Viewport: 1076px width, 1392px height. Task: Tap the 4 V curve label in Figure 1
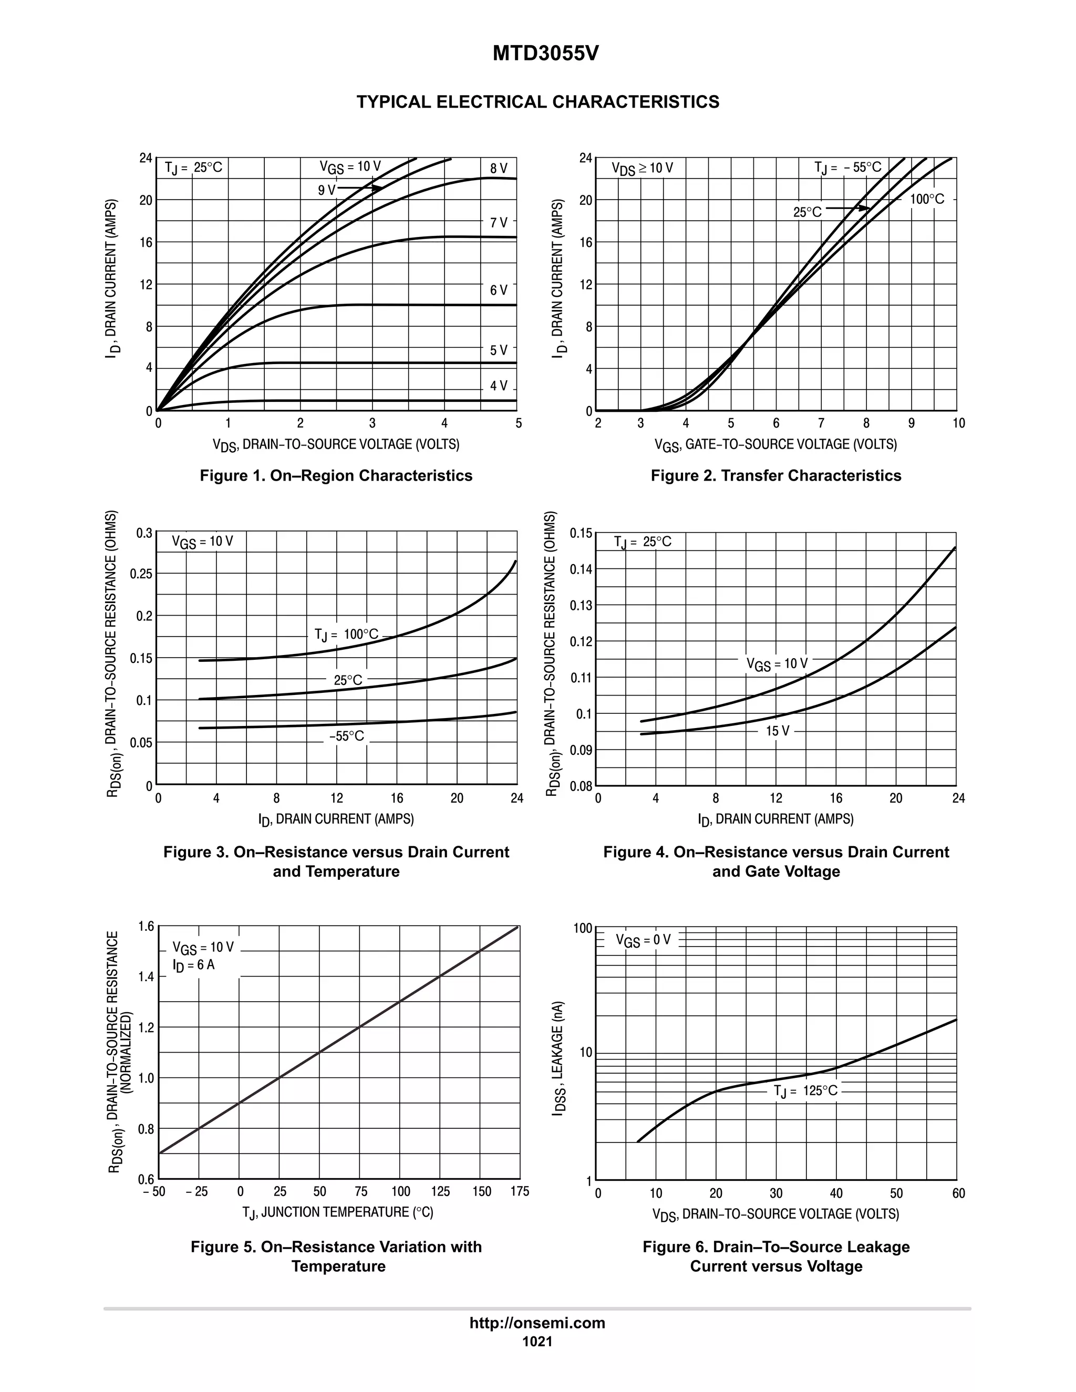(x=499, y=386)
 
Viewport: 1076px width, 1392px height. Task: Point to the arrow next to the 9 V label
(x=360, y=188)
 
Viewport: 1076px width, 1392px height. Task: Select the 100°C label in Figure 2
(x=927, y=200)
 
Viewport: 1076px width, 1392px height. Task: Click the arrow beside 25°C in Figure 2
(x=848, y=208)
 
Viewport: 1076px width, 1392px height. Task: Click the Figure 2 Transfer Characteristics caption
(x=776, y=475)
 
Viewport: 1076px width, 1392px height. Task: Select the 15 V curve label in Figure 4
(x=777, y=731)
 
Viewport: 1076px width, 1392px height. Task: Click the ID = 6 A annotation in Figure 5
(x=193, y=965)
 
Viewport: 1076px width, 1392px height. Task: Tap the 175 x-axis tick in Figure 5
(x=520, y=1192)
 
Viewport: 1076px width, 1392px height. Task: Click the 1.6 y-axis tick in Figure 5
(x=146, y=926)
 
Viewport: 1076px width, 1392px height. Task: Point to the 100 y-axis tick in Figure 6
(x=583, y=928)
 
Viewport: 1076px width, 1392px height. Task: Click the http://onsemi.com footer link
(x=537, y=1323)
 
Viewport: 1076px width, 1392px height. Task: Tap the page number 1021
(x=537, y=1341)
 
